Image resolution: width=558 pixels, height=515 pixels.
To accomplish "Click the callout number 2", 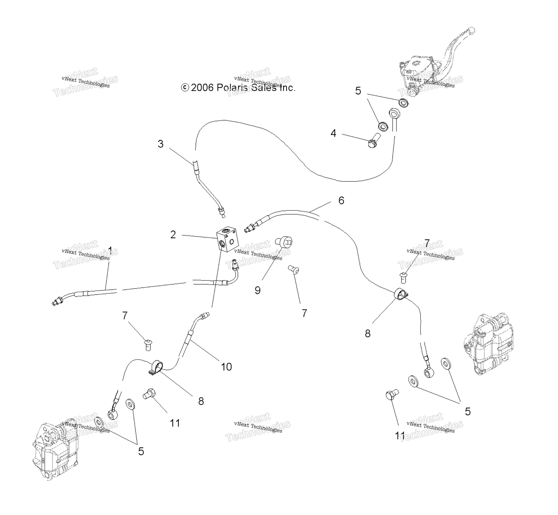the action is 173,235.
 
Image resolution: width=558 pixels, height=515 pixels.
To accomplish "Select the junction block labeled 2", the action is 227,239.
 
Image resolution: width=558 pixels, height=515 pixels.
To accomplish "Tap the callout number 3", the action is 161,144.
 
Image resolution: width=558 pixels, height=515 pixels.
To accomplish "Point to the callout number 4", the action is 333,133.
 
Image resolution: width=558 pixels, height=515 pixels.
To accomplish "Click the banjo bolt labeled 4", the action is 374,140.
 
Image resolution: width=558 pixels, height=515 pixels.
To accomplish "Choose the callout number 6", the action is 341,200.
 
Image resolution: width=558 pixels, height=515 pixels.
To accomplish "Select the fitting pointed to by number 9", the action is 284,241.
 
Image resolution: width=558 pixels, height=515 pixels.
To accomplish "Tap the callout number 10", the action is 226,367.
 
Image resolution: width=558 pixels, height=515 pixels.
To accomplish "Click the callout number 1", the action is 110,250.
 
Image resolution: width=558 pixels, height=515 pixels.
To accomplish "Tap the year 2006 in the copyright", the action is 202,88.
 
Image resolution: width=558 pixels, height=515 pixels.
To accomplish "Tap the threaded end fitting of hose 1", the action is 57,302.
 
